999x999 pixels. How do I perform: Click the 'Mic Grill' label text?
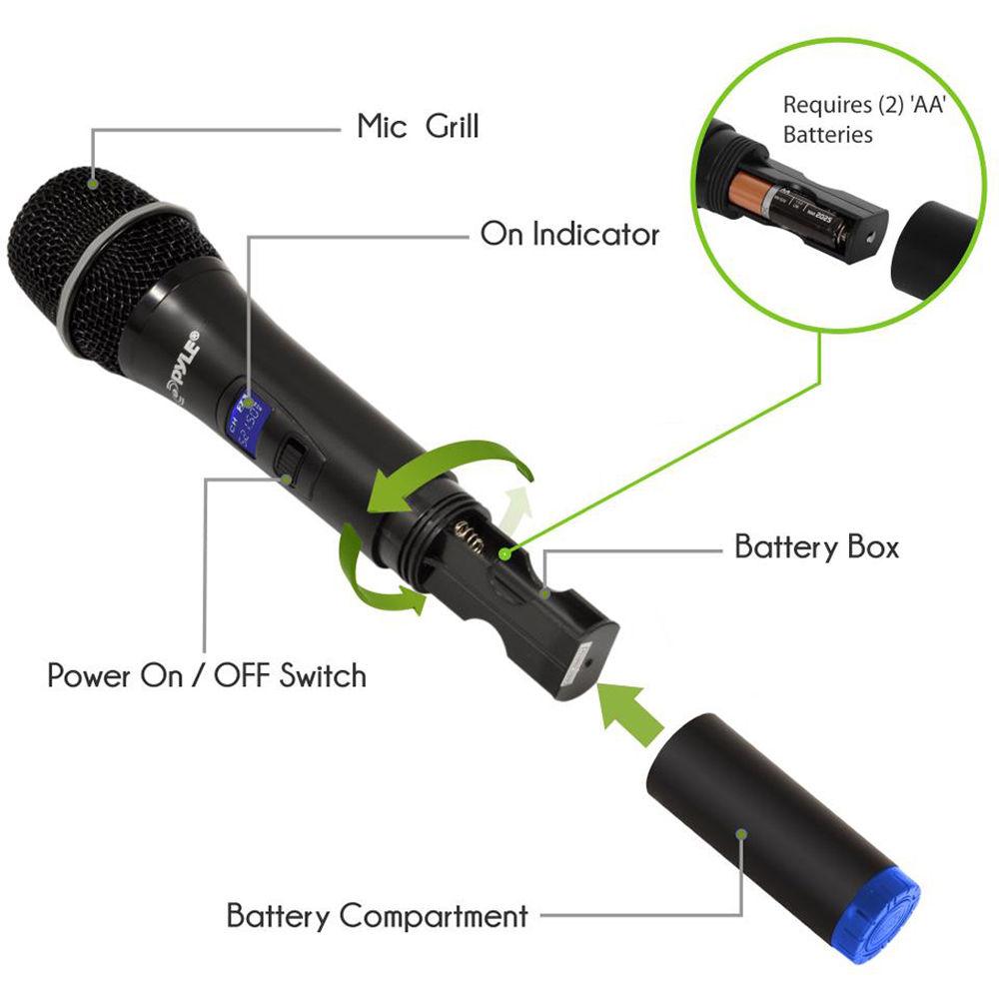pyautogui.click(x=418, y=127)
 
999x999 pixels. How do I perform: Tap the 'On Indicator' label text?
pyautogui.click(x=569, y=235)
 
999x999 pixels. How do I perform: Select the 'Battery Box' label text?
pyautogui.click(x=816, y=547)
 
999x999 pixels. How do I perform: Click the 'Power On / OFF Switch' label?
pyautogui.click(x=207, y=675)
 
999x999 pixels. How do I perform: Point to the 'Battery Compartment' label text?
pyautogui.click(x=377, y=915)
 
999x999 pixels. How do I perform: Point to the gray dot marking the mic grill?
pyautogui.click(x=93, y=182)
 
